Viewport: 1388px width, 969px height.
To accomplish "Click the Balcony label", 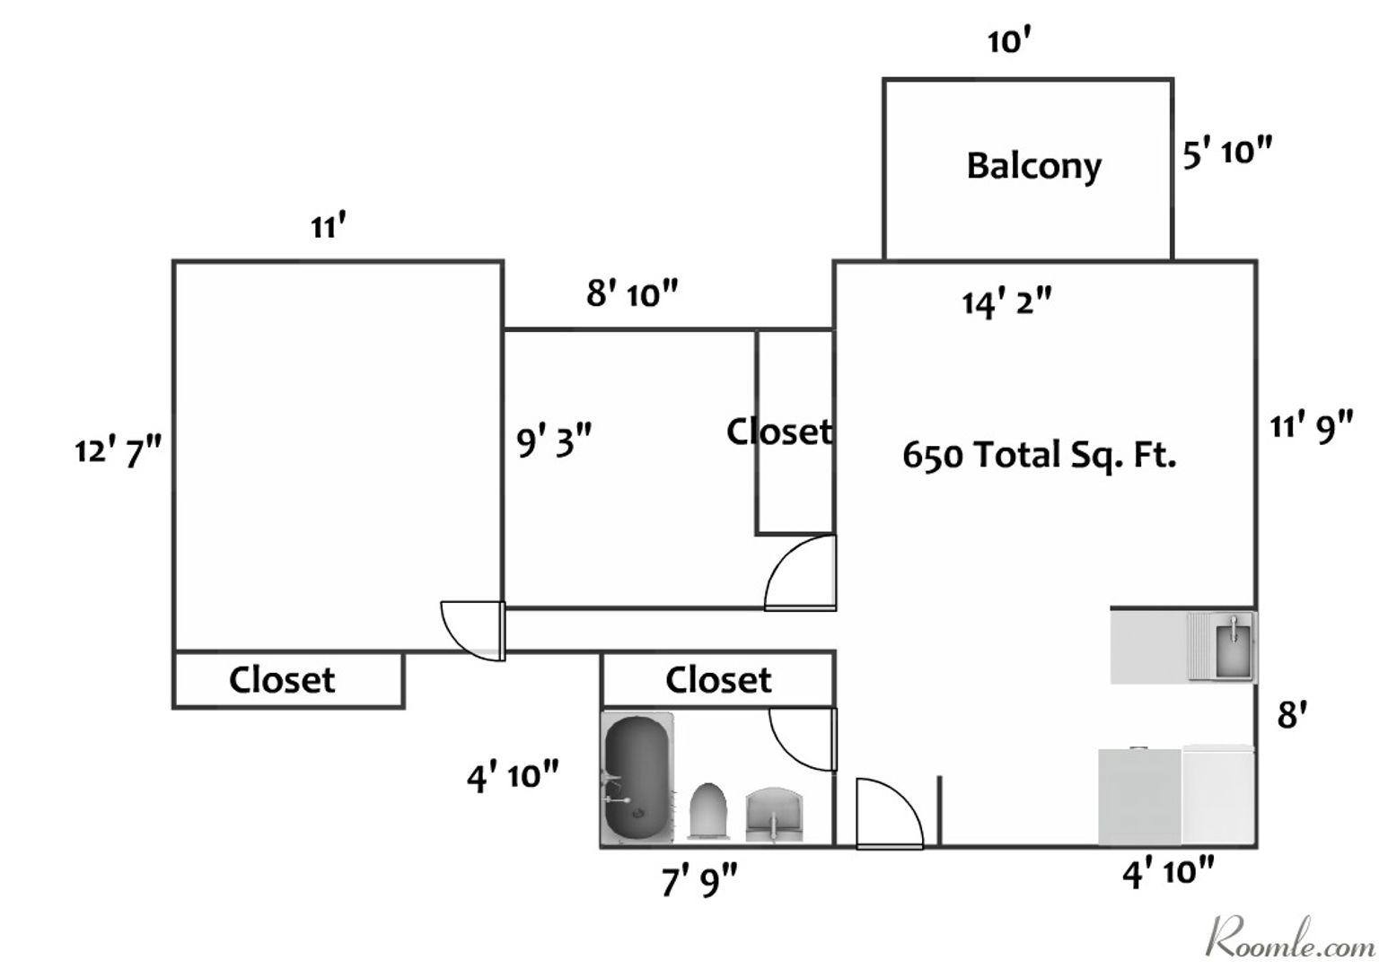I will (1033, 167).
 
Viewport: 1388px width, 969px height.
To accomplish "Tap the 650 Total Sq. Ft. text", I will (1039, 456).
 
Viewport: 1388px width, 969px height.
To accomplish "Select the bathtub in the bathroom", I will (637, 778).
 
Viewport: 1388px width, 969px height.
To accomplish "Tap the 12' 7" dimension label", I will (118, 452).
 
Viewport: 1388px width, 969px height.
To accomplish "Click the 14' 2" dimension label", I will (1006, 303).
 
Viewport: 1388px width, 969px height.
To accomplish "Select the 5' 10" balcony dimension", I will (1226, 153).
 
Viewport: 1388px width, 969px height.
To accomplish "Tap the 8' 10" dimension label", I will (632, 293).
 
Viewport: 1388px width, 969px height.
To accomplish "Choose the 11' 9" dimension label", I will (1311, 426).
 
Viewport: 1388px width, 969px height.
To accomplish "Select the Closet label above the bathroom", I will (717, 680).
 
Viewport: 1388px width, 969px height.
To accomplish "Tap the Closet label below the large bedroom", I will (282, 680).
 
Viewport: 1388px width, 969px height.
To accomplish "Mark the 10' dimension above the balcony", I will (1006, 41).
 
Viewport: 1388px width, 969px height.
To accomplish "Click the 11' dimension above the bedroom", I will (329, 228).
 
